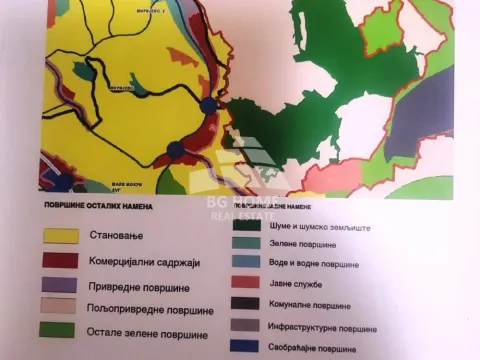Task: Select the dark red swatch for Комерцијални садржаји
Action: point(61,260)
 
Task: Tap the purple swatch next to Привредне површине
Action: point(60,283)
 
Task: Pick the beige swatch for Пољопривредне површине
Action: point(60,305)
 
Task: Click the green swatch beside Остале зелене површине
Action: point(60,329)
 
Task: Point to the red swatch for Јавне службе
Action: point(247,283)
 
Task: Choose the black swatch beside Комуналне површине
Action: point(247,304)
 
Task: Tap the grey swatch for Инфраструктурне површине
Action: point(247,325)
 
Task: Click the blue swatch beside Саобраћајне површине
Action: point(247,346)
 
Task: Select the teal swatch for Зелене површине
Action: point(247,243)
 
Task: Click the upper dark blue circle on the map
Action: point(209,105)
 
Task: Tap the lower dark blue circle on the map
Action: point(175,150)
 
